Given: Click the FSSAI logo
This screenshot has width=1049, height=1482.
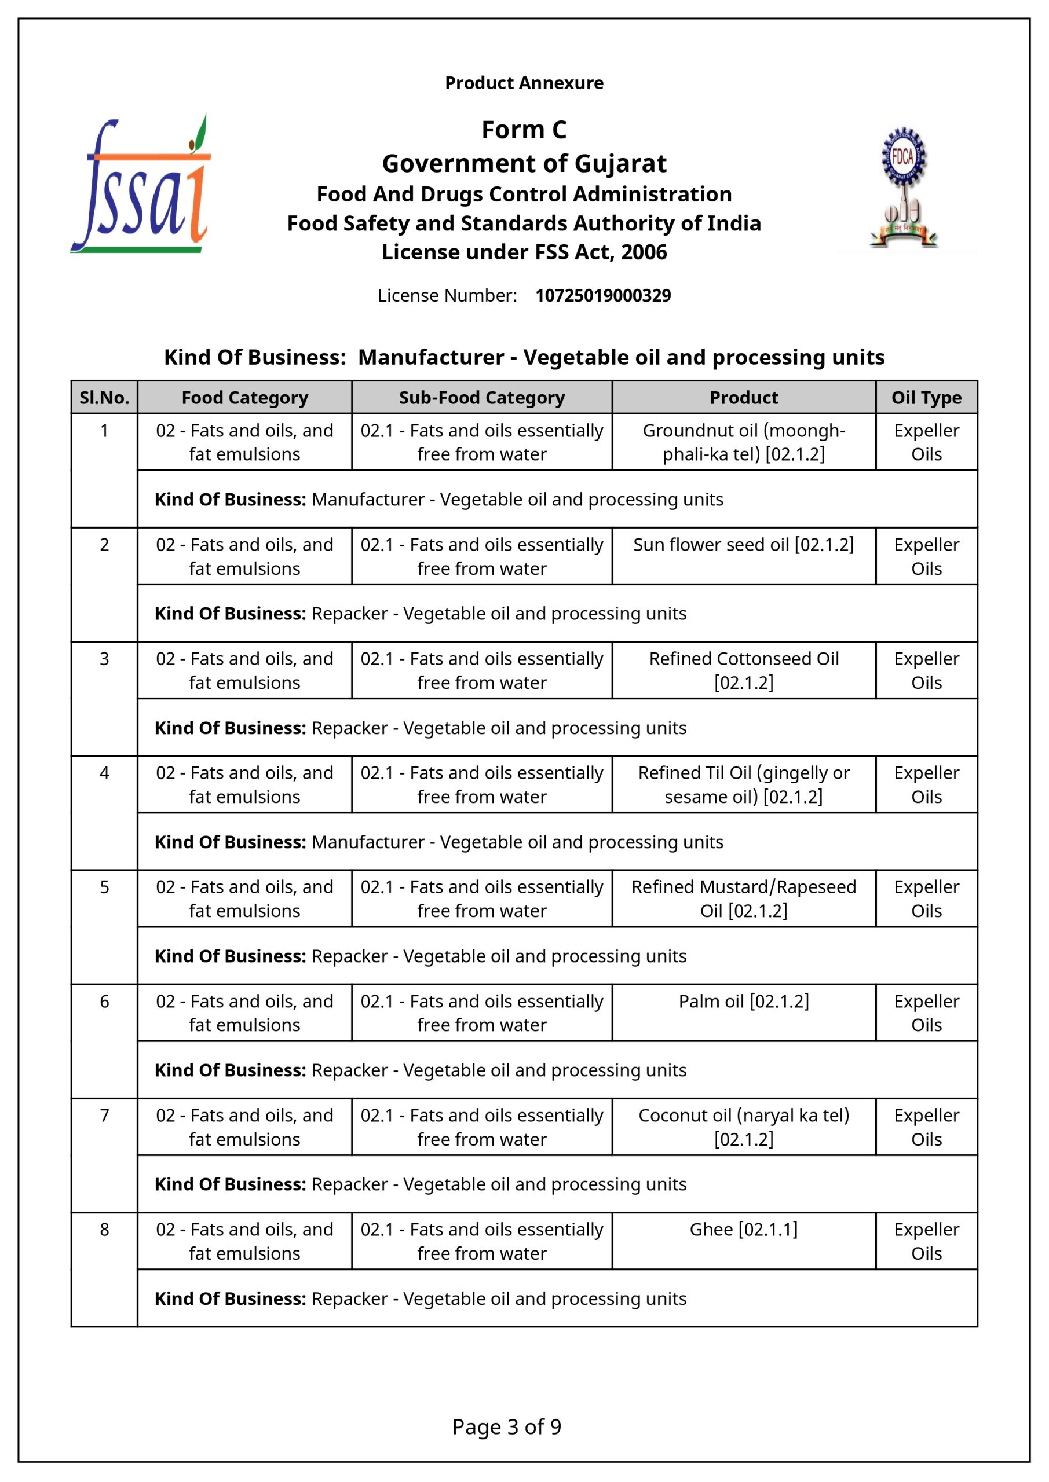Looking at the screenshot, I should pos(141,184).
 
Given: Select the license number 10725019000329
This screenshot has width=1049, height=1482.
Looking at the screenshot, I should pos(602,296).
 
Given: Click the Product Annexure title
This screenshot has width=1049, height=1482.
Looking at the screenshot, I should pos(524,83).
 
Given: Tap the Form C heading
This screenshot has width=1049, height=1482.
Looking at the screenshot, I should pos(524,130).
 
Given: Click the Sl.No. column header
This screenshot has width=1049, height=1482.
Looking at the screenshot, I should pos(105,398).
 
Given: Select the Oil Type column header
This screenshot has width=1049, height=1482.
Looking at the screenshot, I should pos(926,398).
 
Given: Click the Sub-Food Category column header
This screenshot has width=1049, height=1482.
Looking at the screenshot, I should pos(482,398).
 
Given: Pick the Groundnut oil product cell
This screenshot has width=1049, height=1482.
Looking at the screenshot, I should pos(744,442).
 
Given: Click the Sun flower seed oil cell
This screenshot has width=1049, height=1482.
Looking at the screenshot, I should pos(744,545).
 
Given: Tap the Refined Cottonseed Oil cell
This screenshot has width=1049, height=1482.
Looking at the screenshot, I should pos(744,670).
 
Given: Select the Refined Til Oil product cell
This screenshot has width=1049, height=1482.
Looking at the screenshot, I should pos(744,785).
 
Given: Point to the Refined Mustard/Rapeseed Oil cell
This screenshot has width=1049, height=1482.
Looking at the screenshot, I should pos(744,898).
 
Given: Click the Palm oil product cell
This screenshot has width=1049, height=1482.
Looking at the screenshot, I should pos(744,1002).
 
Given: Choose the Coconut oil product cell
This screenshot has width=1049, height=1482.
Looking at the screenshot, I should pos(744,1127).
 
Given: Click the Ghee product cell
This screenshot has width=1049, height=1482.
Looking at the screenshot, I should pos(744,1230).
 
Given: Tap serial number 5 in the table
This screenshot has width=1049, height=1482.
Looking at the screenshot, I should pos(105,887).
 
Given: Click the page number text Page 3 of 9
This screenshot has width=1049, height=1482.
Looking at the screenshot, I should pos(506,1426).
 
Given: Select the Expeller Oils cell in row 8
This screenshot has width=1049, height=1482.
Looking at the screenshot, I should pos(926,1241).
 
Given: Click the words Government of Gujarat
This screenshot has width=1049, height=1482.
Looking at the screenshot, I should pos(524,164).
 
